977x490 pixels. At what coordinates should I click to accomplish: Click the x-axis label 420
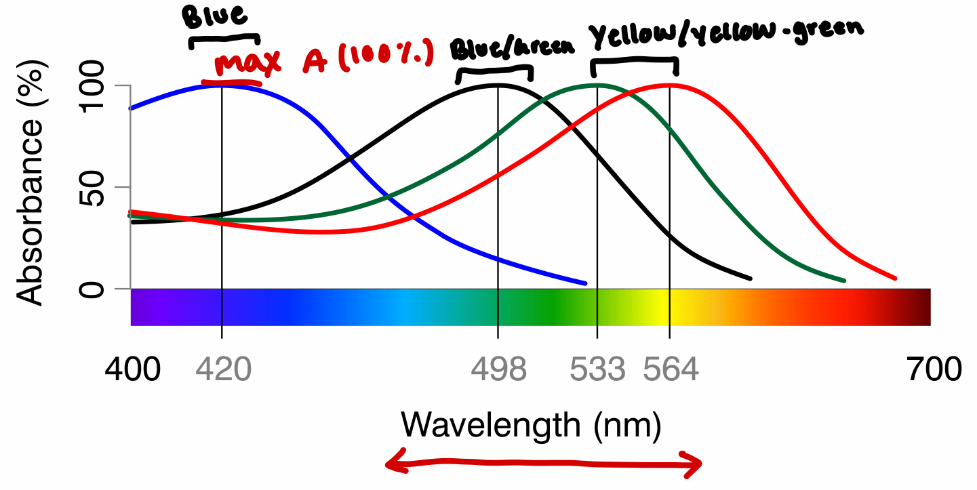coord(223,370)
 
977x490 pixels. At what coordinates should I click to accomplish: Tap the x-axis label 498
coord(498,370)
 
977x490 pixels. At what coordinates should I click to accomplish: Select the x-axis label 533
coord(597,370)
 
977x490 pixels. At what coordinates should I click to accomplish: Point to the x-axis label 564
coord(671,370)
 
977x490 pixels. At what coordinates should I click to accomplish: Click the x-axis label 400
coord(133,370)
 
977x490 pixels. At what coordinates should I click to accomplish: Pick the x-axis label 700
coord(933,370)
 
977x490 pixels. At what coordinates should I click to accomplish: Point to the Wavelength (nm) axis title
coord(530,426)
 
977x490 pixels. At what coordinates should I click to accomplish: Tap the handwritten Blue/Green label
coord(513,48)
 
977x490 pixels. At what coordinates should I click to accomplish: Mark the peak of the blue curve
coord(222,85)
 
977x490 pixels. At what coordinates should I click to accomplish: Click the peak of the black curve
coord(498,85)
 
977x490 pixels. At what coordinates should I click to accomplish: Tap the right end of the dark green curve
coord(843,280)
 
